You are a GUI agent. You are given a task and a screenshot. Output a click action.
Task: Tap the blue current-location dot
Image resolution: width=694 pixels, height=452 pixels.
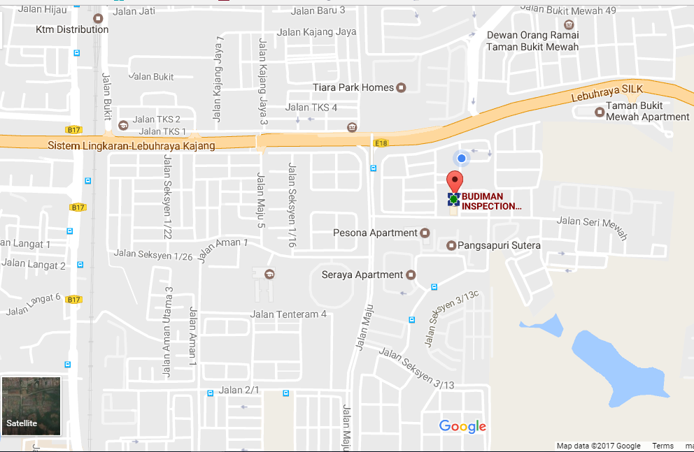pyautogui.click(x=461, y=159)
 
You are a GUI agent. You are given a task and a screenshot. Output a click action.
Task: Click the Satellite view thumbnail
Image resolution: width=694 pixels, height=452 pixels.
pyautogui.click(x=31, y=406)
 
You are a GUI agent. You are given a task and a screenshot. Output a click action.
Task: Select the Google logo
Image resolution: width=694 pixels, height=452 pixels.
pyautogui.click(x=462, y=426)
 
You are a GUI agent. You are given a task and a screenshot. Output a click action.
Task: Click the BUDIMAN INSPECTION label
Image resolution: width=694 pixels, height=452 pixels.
pyautogui.click(x=491, y=201)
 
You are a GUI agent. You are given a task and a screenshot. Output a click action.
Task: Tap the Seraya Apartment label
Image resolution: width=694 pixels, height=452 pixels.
pyautogui.click(x=362, y=275)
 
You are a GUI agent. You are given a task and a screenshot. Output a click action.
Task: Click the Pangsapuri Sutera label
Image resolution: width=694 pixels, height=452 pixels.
pyautogui.click(x=500, y=245)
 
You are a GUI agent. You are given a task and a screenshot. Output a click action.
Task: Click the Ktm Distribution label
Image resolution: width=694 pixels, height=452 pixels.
pyautogui.click(x=73, y=29)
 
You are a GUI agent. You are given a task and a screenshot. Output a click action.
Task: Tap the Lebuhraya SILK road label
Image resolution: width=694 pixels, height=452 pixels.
pyautogui.click(x=607, y=89)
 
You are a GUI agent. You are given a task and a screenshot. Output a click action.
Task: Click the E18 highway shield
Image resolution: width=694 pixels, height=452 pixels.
pyautogui.click(x=381, y=143)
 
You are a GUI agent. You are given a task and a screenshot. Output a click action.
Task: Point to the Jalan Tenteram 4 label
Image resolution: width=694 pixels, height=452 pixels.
pyautogui.click(x=288, y=314)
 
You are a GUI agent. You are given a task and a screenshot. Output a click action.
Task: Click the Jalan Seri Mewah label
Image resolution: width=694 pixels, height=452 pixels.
pyautogui.click(x=592, y=228)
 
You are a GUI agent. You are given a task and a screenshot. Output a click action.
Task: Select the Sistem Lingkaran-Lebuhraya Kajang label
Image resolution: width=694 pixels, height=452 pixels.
pyautogui.click(x=132, y=145)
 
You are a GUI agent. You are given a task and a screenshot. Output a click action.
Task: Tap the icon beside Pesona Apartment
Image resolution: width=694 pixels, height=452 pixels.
pyautogui.click(x=424, y=233)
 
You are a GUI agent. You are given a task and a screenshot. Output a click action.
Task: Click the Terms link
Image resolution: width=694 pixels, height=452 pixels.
pyautogui.click(x=663, y=446)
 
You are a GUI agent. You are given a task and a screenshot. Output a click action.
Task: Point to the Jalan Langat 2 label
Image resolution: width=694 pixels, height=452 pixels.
pyautogui.click(x=34, y=265)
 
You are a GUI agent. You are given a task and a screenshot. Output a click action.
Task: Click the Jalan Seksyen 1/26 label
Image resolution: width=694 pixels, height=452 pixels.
pyautogui.click(x=153, y=255)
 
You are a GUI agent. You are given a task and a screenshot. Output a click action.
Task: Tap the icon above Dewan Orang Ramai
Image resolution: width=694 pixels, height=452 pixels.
pyautogui.click(x=572, y=35)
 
